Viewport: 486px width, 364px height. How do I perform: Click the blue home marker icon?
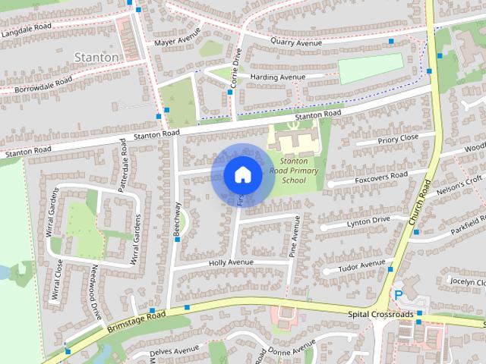tap(241, 174)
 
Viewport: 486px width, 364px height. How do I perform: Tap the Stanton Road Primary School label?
tap(294, 171)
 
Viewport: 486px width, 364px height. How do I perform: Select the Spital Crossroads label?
tap(380, 314)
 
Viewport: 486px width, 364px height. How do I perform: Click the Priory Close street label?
tap(398, 137)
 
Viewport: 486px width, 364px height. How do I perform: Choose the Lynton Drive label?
tap(368, 220)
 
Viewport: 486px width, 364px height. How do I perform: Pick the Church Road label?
tap(418, 202)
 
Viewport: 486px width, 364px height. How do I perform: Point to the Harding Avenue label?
tap(278, 77)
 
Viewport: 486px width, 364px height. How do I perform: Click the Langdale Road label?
tap(28, 32)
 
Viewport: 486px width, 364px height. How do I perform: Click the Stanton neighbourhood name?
tap(96, 57)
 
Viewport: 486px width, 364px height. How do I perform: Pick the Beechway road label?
tap(178, 220)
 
